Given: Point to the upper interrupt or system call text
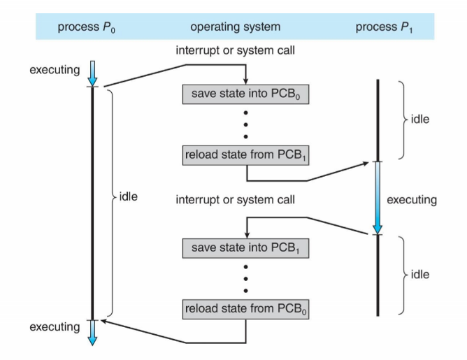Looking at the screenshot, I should click(x=236, y=51).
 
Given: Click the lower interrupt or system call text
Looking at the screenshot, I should click(x=236, y=200).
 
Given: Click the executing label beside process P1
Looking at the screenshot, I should click(x=412, y=200).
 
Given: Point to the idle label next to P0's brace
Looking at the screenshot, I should click(x=129, y=196).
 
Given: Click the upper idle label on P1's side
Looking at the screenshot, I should click(x=419, y=119).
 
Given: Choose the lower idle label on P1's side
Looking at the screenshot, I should click(x=419, y=274).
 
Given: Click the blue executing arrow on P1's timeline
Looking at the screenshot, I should click(x=377, y=198).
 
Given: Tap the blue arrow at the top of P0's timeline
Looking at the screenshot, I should click(x=93, y=73).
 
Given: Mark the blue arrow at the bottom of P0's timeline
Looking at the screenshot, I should click(x=93, y=332).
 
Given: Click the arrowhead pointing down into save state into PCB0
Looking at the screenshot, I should click(x=245, y=80).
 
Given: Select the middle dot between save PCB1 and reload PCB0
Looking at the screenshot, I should click(x=245, y=278).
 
